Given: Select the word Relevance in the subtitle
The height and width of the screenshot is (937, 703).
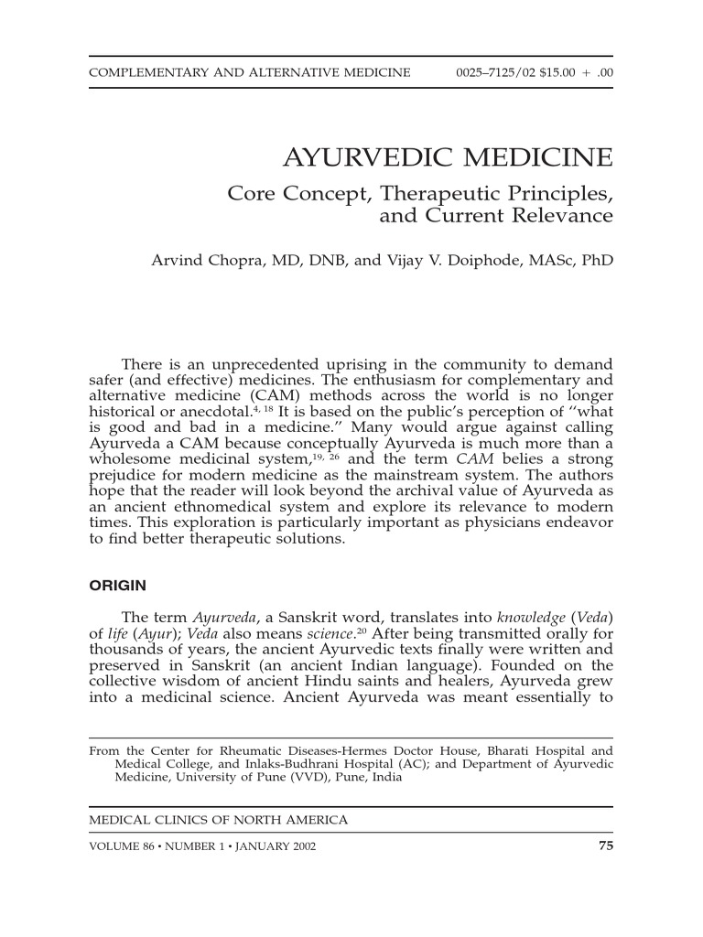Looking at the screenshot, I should point(562,217).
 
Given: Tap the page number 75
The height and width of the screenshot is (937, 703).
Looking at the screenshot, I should point(605,845).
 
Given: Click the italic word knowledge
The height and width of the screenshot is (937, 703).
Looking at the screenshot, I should point(532,618).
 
